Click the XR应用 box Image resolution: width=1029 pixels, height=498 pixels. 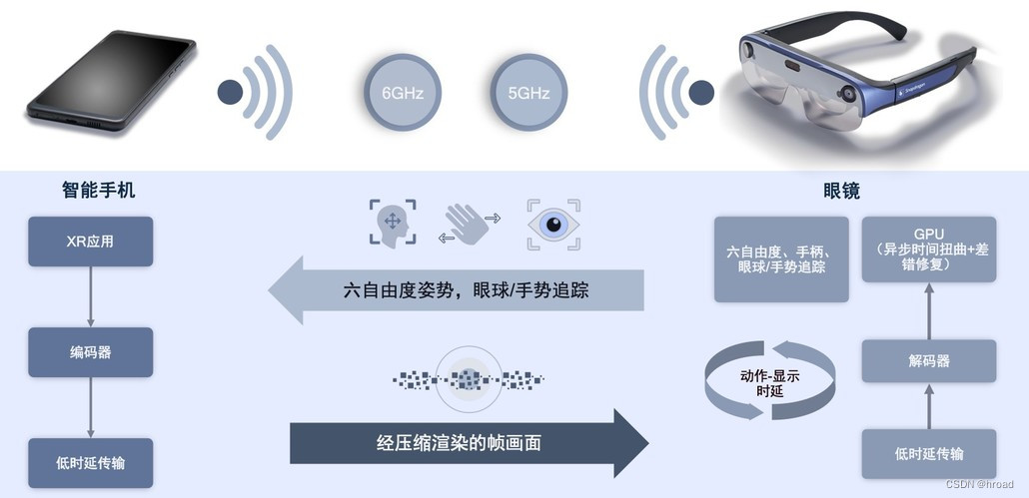tap(91, 242)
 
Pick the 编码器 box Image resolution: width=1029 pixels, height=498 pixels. tap(91, 352)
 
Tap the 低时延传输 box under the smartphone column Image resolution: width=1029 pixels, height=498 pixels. tap(91, 462)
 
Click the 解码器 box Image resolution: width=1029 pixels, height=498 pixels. tap(928, 360)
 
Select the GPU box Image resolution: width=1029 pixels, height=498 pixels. tap(928, 249)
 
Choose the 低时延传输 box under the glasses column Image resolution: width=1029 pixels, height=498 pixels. tap(928, 454)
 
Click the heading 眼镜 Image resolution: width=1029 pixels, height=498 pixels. tap(842, 190)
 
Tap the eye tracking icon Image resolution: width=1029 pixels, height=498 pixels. tap(553, 224)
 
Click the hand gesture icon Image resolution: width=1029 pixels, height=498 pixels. tap(465, 223)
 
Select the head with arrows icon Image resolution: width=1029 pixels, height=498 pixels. tap(392, 224)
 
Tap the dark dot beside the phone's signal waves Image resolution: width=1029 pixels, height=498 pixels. tap(231, 94)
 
